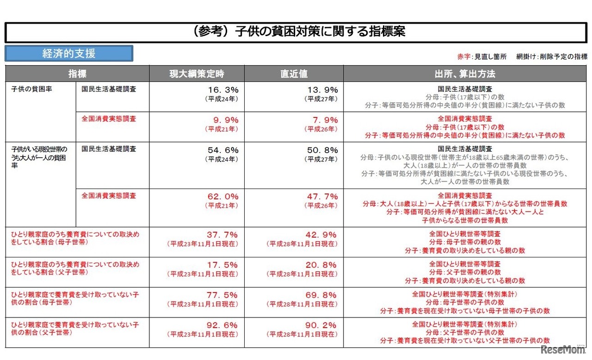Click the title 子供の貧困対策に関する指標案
coord(298,32)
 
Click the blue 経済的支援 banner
coord(69,54)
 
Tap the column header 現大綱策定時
coord(197,74)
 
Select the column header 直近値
coord(294,74)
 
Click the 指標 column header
coord(77,74)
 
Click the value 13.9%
coord(322,90)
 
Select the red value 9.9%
coord(223,120)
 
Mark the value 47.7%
coord(322,196)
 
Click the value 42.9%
coord(322,235)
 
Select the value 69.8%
coord(322,295)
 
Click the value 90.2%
coord(322,325)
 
